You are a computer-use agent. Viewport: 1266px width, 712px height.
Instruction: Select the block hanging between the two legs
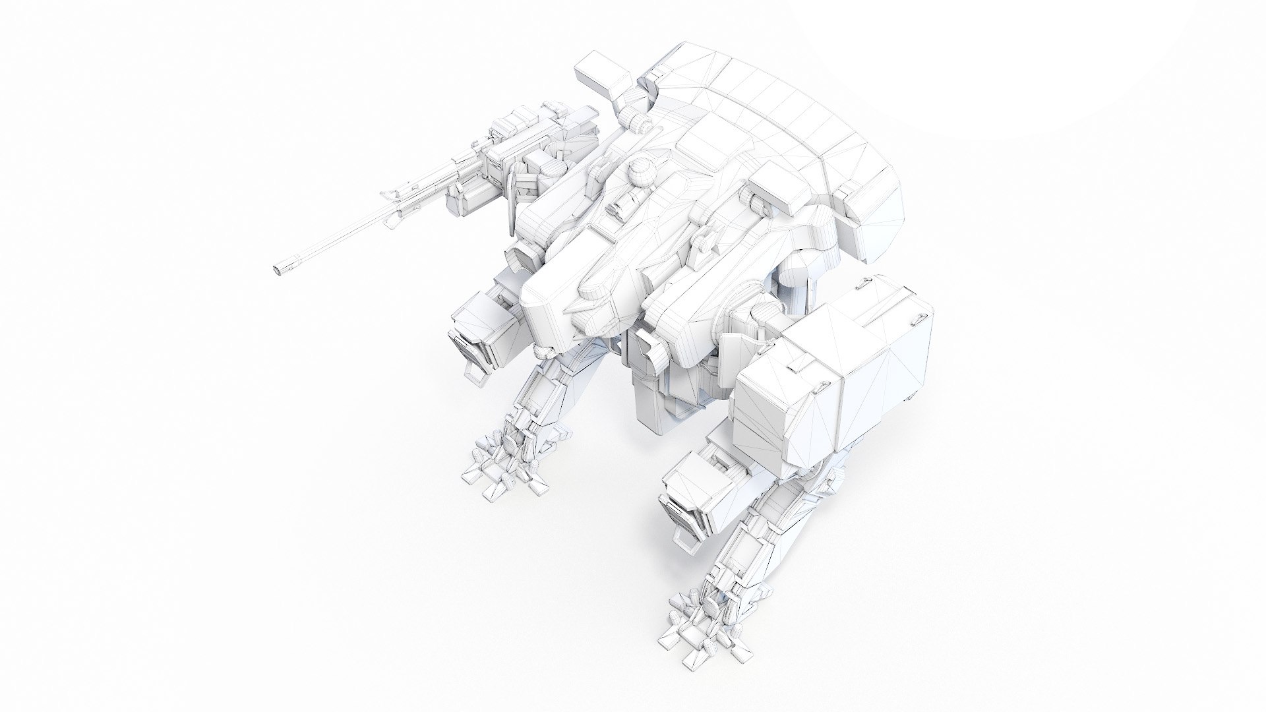[659, 402]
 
